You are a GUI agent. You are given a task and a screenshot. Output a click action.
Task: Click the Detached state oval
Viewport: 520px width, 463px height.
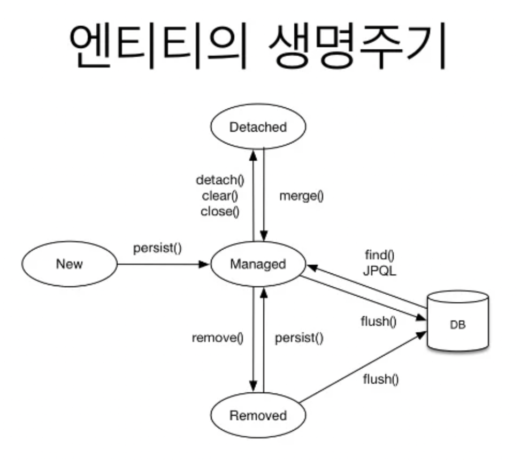click(x=258, y=128)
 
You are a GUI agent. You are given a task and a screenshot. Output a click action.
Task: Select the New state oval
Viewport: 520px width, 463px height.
click(x=69, y=264)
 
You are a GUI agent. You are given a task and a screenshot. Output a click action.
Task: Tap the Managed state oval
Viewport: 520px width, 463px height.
click(x=258, y=264)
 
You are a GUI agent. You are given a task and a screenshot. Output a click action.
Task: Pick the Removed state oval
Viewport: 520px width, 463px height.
click(x=258, y=416)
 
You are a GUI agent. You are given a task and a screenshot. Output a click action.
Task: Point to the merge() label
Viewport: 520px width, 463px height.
click(x=302, y=196)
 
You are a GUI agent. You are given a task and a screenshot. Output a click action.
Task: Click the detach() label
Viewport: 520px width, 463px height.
click(x=217, y=180)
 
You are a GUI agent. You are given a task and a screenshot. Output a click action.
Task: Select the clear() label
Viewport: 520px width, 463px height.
click(x=220, y=196)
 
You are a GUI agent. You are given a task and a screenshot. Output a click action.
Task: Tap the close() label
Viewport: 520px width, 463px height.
click(x=219, y=211)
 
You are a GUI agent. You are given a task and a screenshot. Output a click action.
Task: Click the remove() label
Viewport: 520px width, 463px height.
click(x=217, y=338)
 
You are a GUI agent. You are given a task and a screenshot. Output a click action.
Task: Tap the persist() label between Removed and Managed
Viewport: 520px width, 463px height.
click(x=299, y=338)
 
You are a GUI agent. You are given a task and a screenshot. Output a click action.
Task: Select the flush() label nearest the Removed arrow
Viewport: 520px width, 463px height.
click(x=381, y=379)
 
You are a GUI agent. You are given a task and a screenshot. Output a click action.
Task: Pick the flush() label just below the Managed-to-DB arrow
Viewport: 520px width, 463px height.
click(x=379, y=322)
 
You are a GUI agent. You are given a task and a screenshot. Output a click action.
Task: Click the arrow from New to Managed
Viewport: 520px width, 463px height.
click(x=163, y=264)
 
